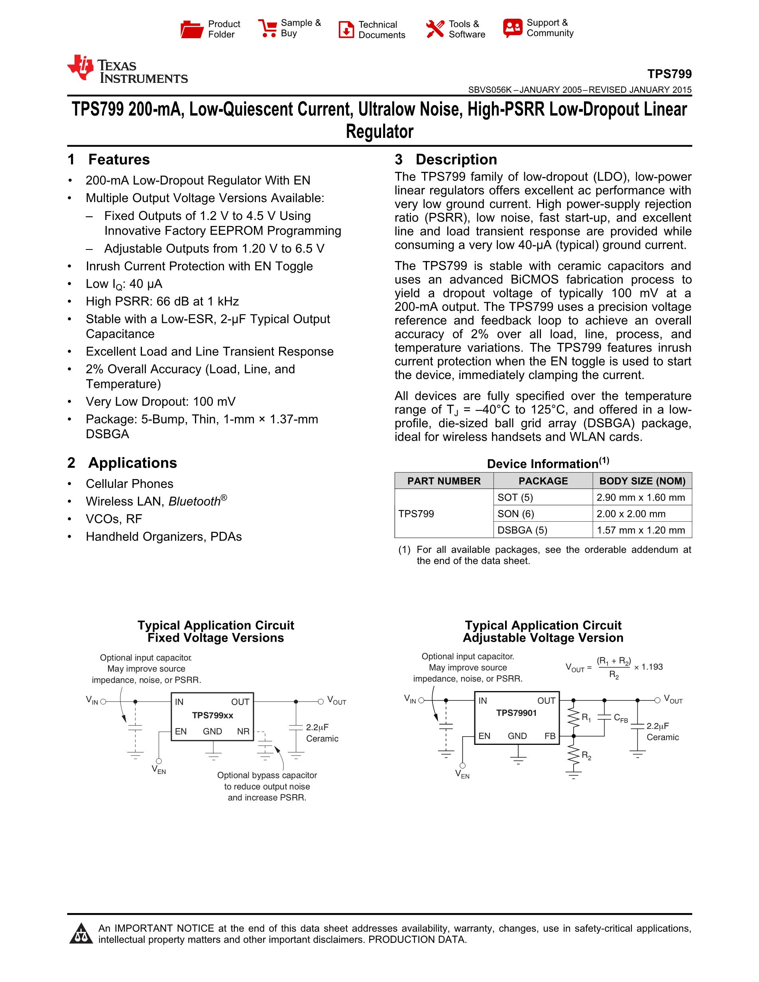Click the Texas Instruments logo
[x=127, y=70]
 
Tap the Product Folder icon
[x=192, y=29]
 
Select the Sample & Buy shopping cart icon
[x=267, y=28]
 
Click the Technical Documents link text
[x=381, y=29]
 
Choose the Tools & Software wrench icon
[x=435, y=29]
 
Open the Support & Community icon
[x=513, y=28]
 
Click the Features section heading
[x=119, y=160]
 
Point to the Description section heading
[x=456, y=160]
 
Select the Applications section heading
[x=132, y=463]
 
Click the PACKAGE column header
[x=543, y=481]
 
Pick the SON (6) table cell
[x=515, y=514]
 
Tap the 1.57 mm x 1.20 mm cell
[x=641, y=530]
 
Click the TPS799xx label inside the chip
[x=213, y=715]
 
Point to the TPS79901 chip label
[x=516, y=713]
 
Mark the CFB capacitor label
[x=621, y=718]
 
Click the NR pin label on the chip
[x=243, y=732]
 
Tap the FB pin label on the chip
[x=550, y=736]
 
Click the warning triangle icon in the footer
[x=81, y=934]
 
